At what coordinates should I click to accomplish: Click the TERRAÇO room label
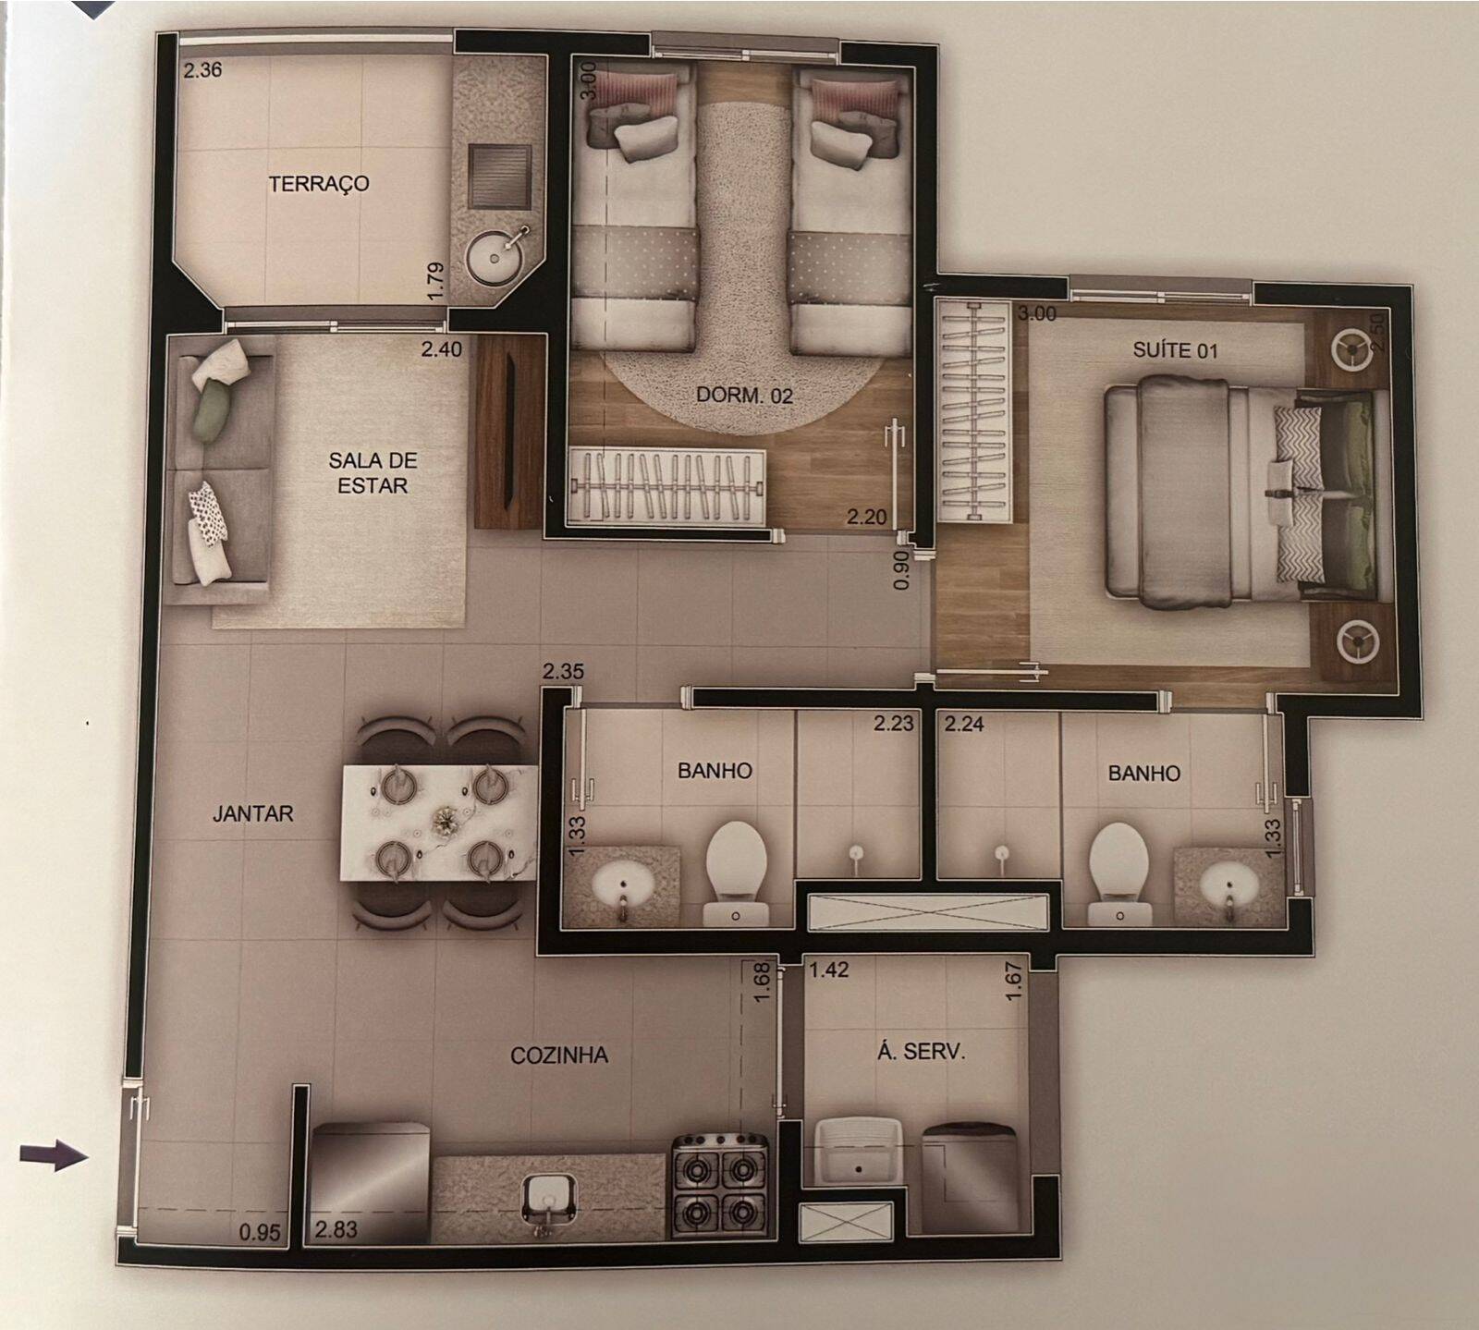click(319, 183)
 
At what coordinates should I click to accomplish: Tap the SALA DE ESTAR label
click(373, 472)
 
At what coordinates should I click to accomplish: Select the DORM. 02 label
click(744, 396)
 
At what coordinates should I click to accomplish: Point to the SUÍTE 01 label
click(1175, 350)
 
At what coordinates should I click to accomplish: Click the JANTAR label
click(252, 813)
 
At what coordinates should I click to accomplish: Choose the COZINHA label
click(559, 1055)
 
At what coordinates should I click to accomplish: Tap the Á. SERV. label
click(920, 1051)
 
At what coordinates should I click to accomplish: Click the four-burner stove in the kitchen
click(721, 1186)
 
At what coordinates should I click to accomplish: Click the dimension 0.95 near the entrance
click(259, 1231)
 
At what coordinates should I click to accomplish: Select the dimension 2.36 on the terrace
click(202, 70)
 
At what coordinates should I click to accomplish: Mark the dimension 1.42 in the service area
click(829, 971)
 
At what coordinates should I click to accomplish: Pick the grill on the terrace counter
click(500, 176)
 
